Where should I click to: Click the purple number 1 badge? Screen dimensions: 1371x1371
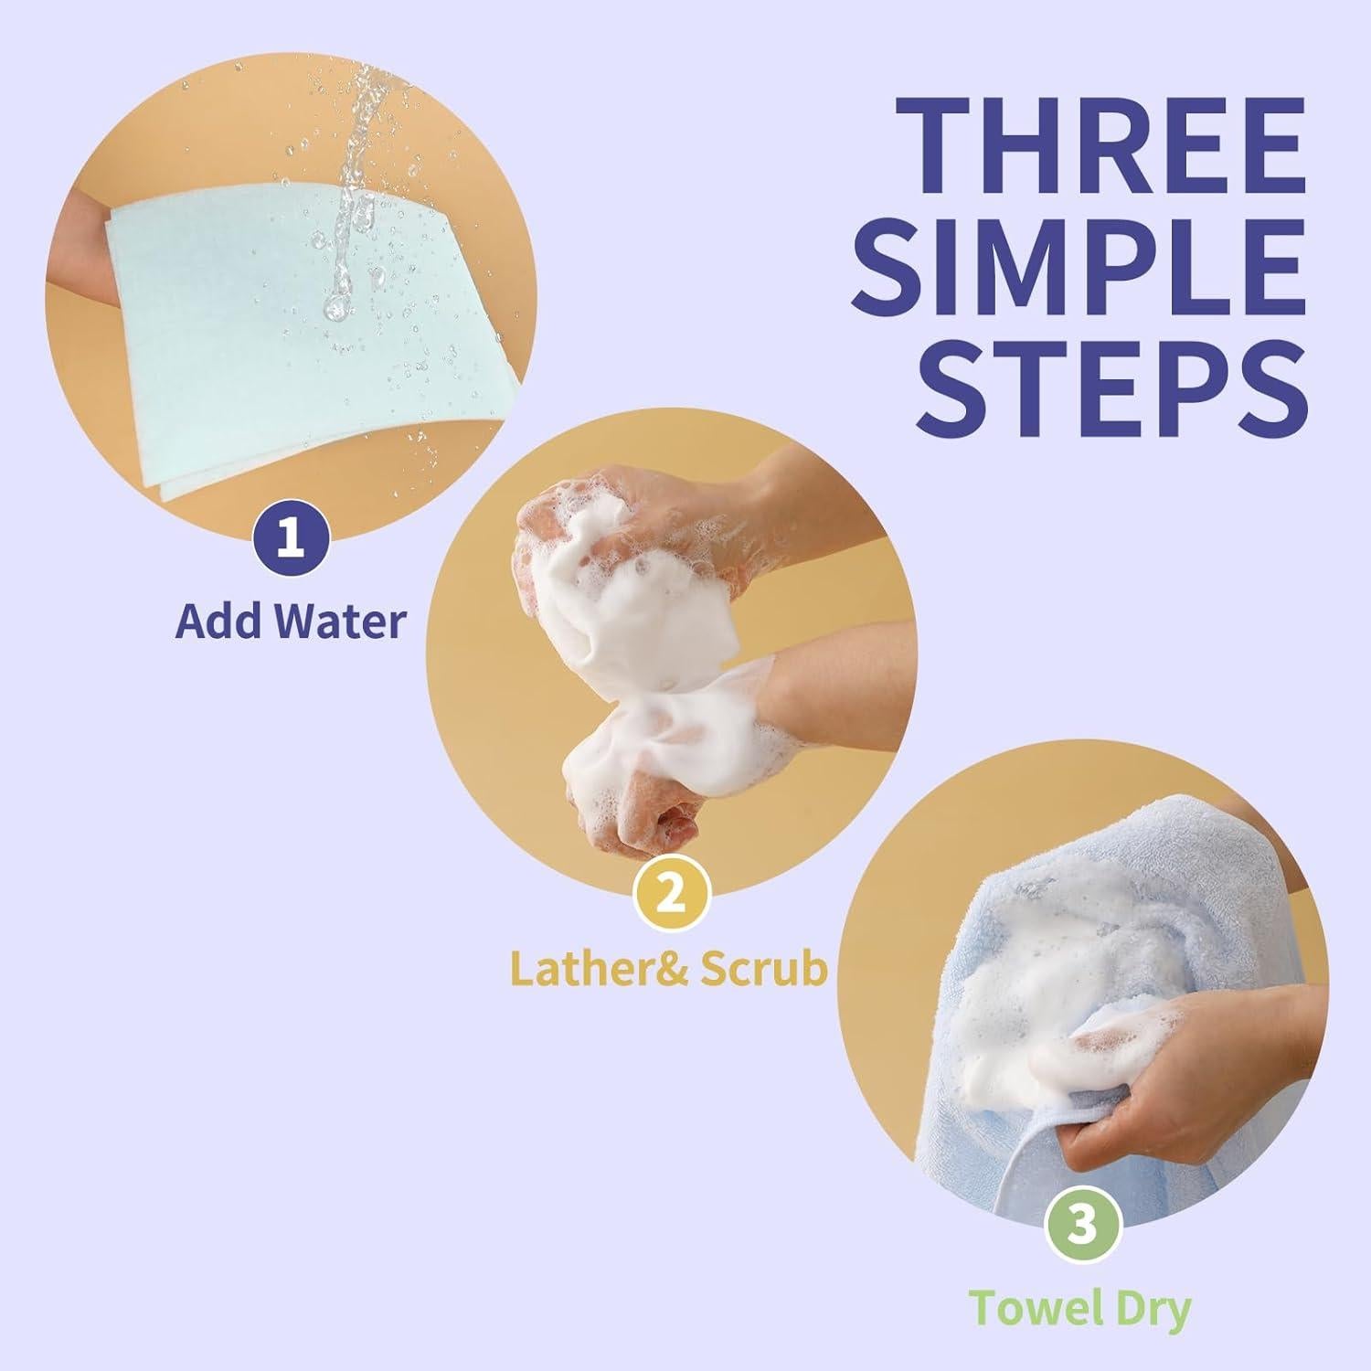[290, 537]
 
